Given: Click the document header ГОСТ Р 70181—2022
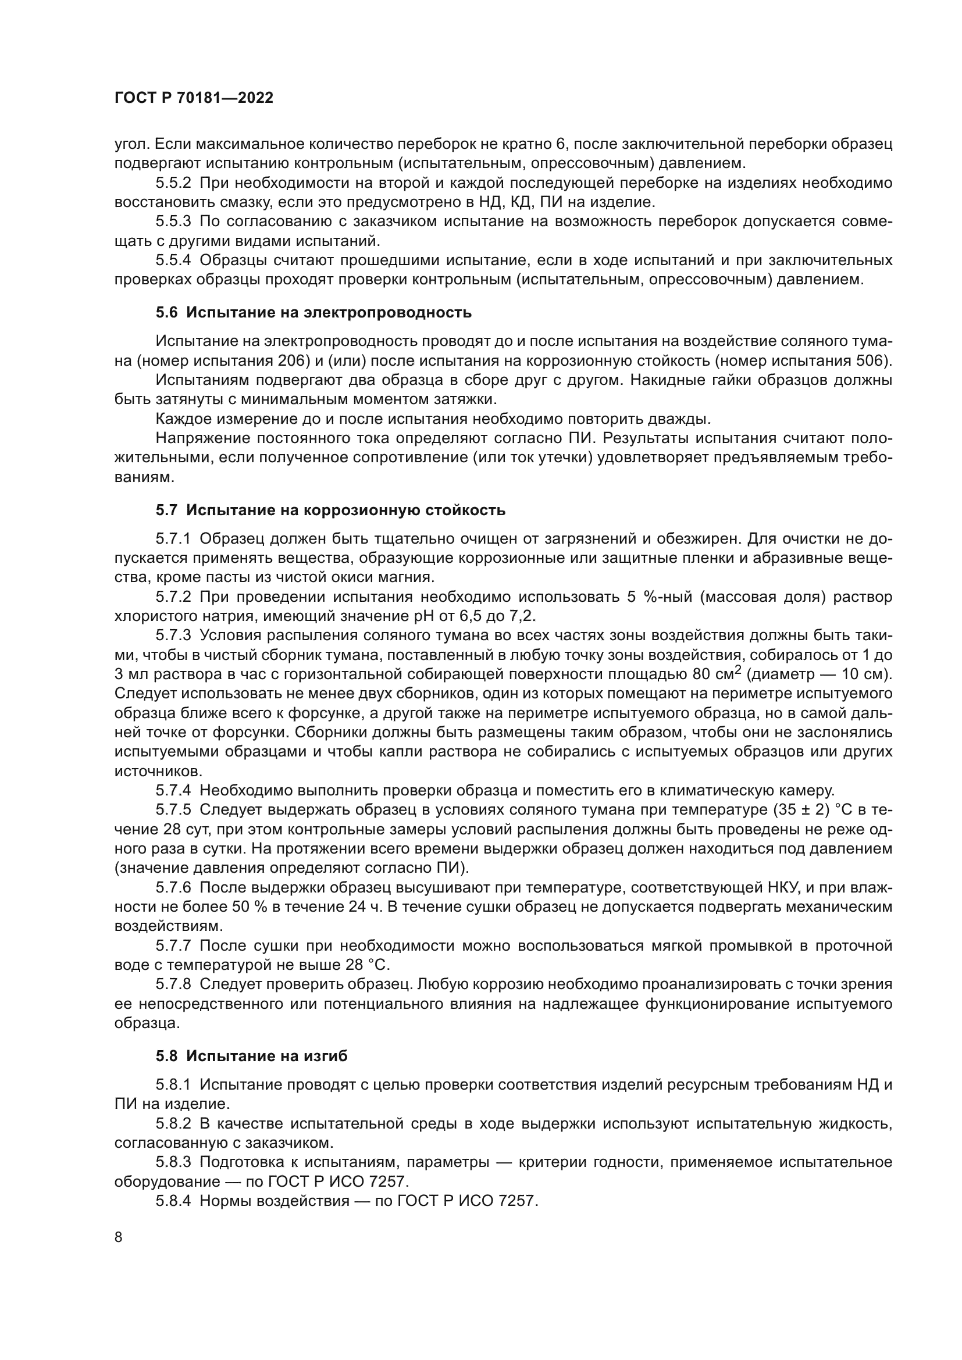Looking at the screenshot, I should pyautogui.click(x=194, y=98).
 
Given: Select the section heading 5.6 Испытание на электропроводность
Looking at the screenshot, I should pyautogui.click(x=313, y=313).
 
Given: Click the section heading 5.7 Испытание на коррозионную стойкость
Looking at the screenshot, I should pyautogui.click(x=330, y=510).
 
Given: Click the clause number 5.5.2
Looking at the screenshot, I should pyautogui.click(x=173, y=183).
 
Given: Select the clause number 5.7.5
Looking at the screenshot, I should pyautogui.click(x=173, y=810).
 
